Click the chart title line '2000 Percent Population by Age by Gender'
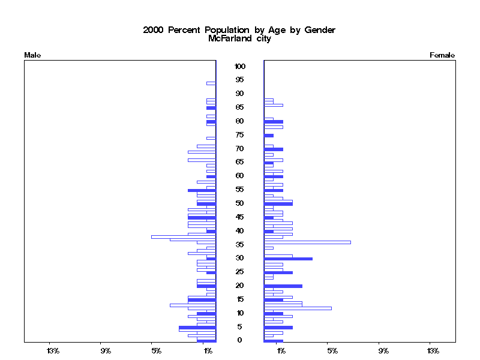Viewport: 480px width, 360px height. (x=239, y=30)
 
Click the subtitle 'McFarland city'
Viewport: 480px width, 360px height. (x=239, y=39)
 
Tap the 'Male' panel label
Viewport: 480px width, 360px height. (x=32, y=55)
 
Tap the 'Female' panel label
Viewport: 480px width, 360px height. (x=442, y=55)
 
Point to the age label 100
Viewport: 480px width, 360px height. (x=240, y=66)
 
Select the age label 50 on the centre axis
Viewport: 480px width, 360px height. (x=240, y=203)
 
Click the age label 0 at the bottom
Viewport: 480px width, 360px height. (x=240, y=340)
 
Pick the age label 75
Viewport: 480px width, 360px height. (x=240, y=135)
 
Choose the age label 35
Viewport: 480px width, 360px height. (x=240, y=244)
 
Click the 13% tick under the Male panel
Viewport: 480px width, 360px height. (x=53, y=350)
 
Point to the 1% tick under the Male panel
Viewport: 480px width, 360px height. (x=208, y=350)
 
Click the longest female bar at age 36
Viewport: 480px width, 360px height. (x=307, y=242)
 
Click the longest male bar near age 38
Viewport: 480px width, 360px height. (x=184, y=236)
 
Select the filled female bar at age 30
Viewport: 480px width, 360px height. (x=288, y=259)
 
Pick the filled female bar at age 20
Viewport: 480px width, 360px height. (x=283, y=286)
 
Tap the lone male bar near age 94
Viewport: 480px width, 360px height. (x=211, y=83)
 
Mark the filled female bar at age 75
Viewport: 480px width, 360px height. (x=269, y=136)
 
